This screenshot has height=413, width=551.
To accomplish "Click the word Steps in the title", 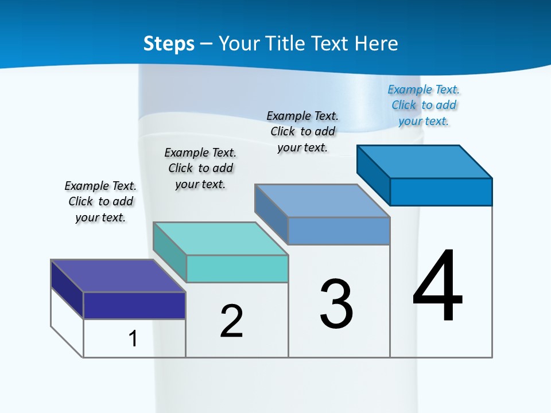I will point(169,44).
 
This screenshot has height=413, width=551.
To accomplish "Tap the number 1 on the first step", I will point(133,338).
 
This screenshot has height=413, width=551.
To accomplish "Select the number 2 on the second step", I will point(231,321).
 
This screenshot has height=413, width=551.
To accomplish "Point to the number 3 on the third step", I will point(336,304).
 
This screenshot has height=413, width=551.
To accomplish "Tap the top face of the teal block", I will point(220,239).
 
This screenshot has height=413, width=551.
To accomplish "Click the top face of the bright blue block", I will point(425,162).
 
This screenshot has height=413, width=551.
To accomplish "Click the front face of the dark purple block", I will point(134,305).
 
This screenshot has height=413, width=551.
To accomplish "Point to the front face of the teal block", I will point(237,268).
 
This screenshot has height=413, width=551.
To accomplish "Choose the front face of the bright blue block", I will point(441,192).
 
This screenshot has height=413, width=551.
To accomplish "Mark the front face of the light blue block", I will point(339,231).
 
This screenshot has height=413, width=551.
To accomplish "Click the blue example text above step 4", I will point(424,106).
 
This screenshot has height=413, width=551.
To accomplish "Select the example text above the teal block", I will point(200,168).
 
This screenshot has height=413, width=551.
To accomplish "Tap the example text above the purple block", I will point(100,201).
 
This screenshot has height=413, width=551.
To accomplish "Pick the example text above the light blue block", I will point(302,131).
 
